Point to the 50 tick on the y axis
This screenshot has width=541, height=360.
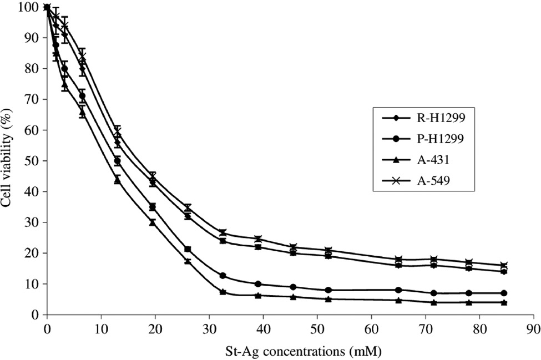(x=34, y=161)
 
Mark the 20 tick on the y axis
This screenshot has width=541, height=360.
(x=34, y=253)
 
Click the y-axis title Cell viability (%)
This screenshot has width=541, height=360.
(x=8, y=161)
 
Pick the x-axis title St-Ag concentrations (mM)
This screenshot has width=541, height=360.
(x=289, y=351)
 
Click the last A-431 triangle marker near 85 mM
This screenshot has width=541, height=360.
(x=504, y=302)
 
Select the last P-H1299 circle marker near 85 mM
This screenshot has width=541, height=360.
(x=504, y=293)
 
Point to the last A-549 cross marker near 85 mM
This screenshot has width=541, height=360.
(x=504, y=265)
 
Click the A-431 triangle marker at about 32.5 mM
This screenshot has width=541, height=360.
(x=223, y=291)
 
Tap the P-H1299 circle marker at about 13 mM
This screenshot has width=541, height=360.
(x=117, y=161)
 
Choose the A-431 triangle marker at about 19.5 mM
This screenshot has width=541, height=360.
(x=153, y=222)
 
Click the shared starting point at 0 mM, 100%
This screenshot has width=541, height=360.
(x=47, y=7)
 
